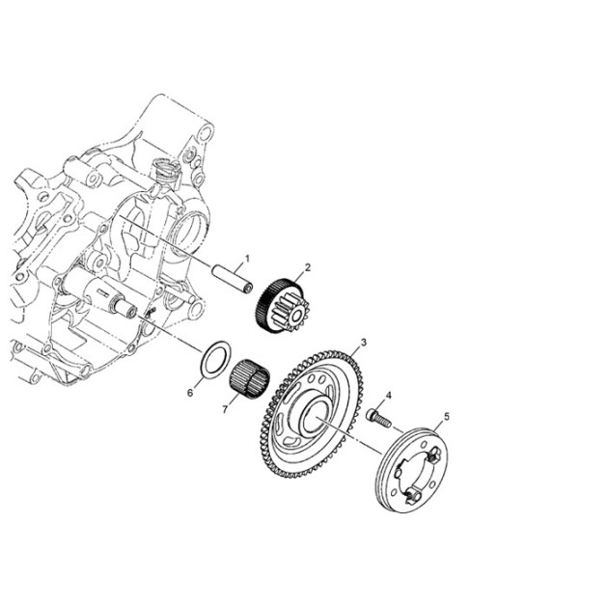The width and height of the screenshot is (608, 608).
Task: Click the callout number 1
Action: (247, 258)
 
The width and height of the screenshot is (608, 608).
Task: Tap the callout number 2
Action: (308, 267)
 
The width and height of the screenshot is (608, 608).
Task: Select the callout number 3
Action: (363, 342)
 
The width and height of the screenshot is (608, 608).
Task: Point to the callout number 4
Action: (389, 396)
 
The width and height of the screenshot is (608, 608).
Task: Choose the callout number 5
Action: (447, 417)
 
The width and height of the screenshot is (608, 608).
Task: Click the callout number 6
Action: (190, 393)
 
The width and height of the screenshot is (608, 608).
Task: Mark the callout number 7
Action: (225, 409)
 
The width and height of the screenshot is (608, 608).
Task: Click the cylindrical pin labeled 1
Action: (233, 278)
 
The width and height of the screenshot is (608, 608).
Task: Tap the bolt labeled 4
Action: (378, 418)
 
